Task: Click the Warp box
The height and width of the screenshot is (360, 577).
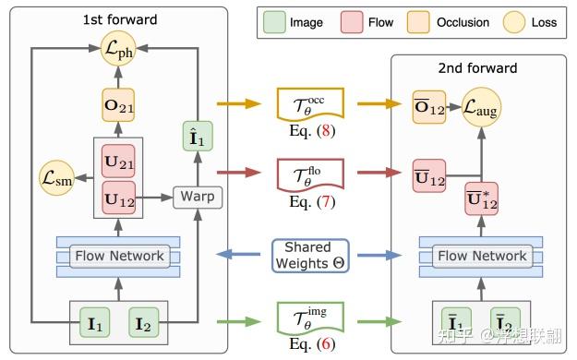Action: pos(198,196)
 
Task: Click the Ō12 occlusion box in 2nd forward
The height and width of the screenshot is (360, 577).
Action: pos(427,110)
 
